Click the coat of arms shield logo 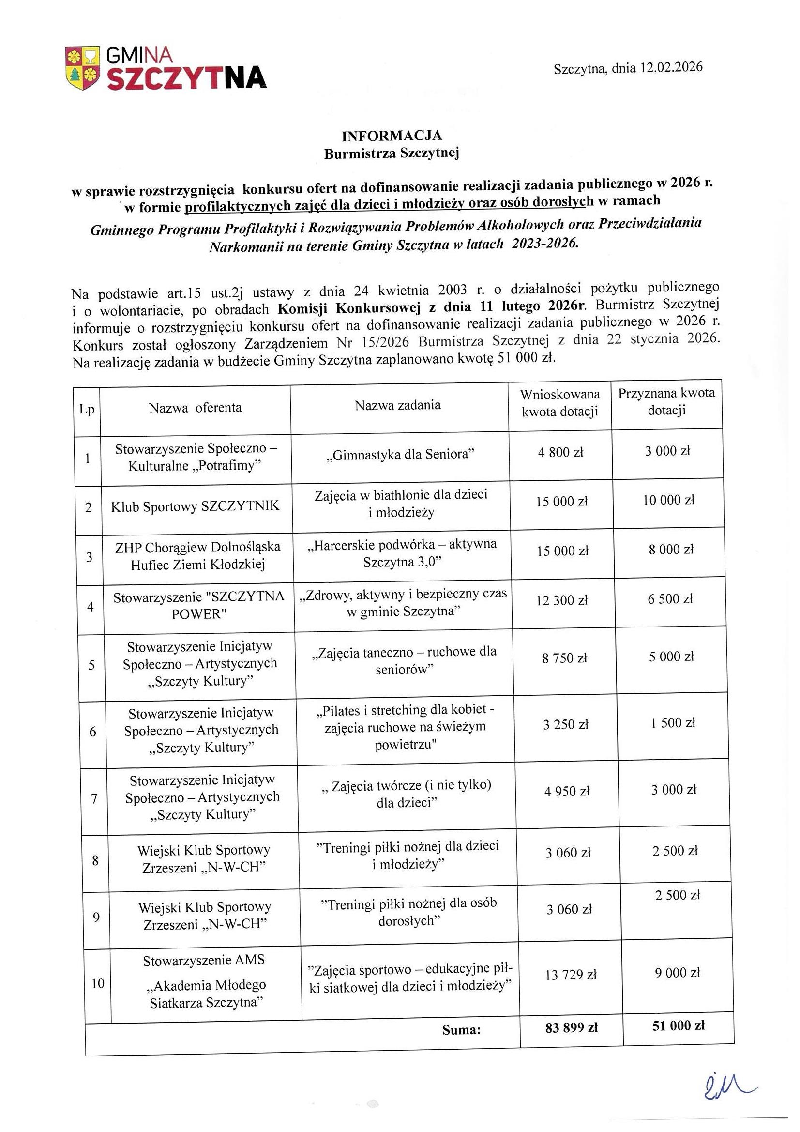(82, 69)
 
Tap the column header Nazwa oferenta (196, 408)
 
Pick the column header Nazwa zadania (398, 405)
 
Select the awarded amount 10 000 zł (668, 500)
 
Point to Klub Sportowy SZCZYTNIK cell (195, 506)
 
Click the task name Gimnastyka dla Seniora (400, 454)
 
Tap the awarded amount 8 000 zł (671, 549)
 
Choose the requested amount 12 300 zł (562, 600)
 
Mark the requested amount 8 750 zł (564, 658)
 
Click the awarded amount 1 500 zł (672, 723)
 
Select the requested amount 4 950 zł (567, 791)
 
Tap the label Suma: (461, 1030)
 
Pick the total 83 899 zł (571, 1028)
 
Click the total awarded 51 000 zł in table (678, 1025)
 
